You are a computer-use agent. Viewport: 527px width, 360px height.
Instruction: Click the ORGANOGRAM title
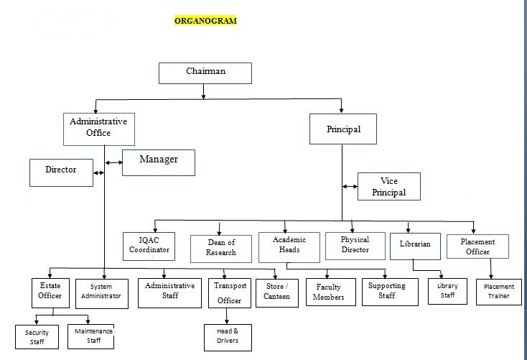click(205, 21)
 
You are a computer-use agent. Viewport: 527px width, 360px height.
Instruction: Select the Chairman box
click(205, 73)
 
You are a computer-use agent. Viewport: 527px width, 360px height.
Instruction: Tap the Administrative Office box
click(98, 128)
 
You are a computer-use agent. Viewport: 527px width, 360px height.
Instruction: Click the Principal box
click(344, 130)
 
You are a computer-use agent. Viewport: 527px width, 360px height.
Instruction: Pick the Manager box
click(159, 162)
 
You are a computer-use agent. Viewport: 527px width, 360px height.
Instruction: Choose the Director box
click(61, 172)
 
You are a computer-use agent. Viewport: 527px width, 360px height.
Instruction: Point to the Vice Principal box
click(389, 186)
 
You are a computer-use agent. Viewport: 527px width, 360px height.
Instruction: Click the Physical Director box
click(354, 244)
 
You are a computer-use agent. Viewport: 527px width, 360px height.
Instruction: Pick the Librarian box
click(415, 244)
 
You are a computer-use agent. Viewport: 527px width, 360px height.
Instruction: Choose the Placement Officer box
click(477, 246)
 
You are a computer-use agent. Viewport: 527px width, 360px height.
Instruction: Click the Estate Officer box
click(50, 290)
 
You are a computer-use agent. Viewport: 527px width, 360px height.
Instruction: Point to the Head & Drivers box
click(226, 335)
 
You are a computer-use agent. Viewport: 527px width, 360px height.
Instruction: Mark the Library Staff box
click(447, 290)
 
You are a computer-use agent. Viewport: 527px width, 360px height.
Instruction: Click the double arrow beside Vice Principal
click(350, 186)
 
